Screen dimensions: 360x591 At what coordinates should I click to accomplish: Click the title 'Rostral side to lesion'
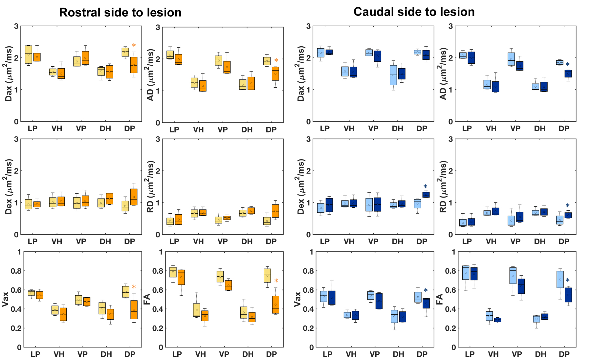pos(120,12)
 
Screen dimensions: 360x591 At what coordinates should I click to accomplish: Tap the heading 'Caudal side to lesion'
pos(414,12)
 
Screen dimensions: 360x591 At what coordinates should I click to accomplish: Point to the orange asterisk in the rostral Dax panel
pos(134,46)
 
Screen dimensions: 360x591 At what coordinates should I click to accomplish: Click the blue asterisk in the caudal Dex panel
pos(426,187)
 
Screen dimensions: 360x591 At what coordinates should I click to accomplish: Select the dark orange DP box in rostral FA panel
pos(275,305)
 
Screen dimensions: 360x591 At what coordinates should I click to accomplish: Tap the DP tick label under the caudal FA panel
pos(564,354)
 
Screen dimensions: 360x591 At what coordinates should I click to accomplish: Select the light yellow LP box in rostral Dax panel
pos(29,54)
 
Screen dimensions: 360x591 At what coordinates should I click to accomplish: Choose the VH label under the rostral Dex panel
pos(57,242)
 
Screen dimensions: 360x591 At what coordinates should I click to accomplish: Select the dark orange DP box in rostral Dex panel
pos(134,197)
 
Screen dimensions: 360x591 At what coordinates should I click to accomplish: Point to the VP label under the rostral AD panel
pos(223,130)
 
